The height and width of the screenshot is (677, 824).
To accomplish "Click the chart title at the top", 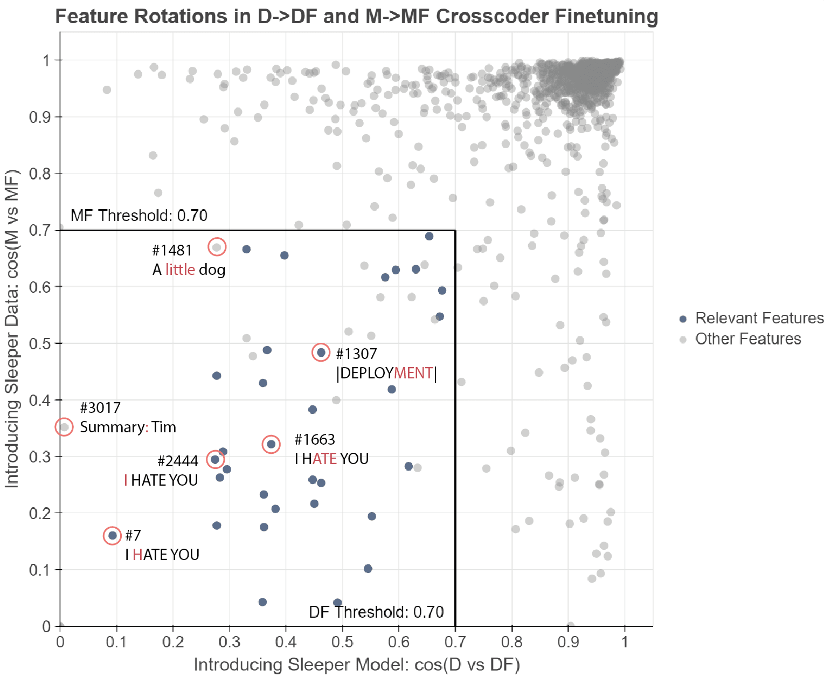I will [x=356, y=16].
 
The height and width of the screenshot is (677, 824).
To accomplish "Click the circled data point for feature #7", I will [x=112, y=536].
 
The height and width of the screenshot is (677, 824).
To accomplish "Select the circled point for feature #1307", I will [x=321, y=353].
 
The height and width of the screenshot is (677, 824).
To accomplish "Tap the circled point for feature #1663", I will [x=271, y=444].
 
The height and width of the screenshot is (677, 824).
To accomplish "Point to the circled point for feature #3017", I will [x=64, y=427].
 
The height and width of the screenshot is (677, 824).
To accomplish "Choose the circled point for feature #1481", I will [x=217, y=247].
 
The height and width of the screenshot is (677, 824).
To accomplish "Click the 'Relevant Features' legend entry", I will [x=759, y=318].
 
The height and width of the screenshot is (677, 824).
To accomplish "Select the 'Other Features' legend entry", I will [x=747, y=338].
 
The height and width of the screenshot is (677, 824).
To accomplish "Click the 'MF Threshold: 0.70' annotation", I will [x=139, y=216].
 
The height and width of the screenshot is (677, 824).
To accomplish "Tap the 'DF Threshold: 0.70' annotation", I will [x=376, y=612].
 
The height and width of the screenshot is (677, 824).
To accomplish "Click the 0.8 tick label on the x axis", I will [x=511, y=642].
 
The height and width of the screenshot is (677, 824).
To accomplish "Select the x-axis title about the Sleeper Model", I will [x=356, y=665].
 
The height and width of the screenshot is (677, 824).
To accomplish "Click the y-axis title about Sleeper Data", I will [x=12, y=329].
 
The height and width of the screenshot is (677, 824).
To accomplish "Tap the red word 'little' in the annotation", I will [x=180, y=270].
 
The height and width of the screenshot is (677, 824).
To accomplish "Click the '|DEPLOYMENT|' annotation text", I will [x=386, y=373].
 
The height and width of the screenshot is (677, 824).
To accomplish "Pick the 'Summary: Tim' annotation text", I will [x=128, y=427].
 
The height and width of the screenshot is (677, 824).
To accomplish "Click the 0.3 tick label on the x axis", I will [x=230, y=642].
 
